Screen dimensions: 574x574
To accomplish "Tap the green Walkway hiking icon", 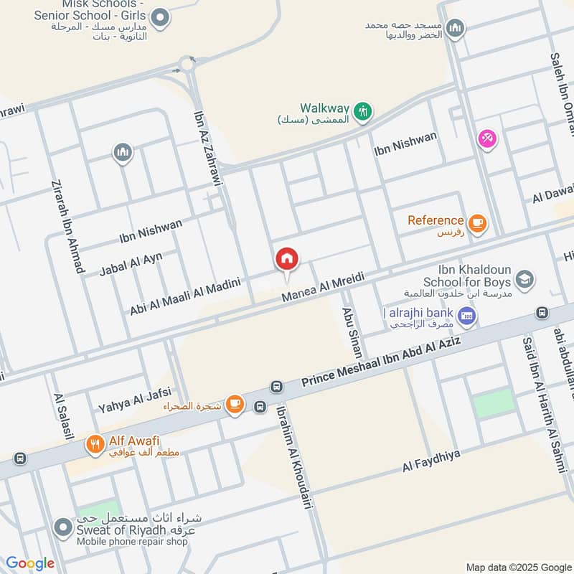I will point(364,110).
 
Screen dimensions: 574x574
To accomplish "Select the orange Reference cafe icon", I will point(478,222).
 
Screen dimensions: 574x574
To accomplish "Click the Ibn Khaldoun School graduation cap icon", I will point(525,278).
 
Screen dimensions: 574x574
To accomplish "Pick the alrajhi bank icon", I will point(467,315).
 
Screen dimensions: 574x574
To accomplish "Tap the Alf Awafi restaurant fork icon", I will point(94,445).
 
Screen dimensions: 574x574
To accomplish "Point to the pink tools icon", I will point(486,138).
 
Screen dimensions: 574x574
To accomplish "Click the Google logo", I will point(30,563).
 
